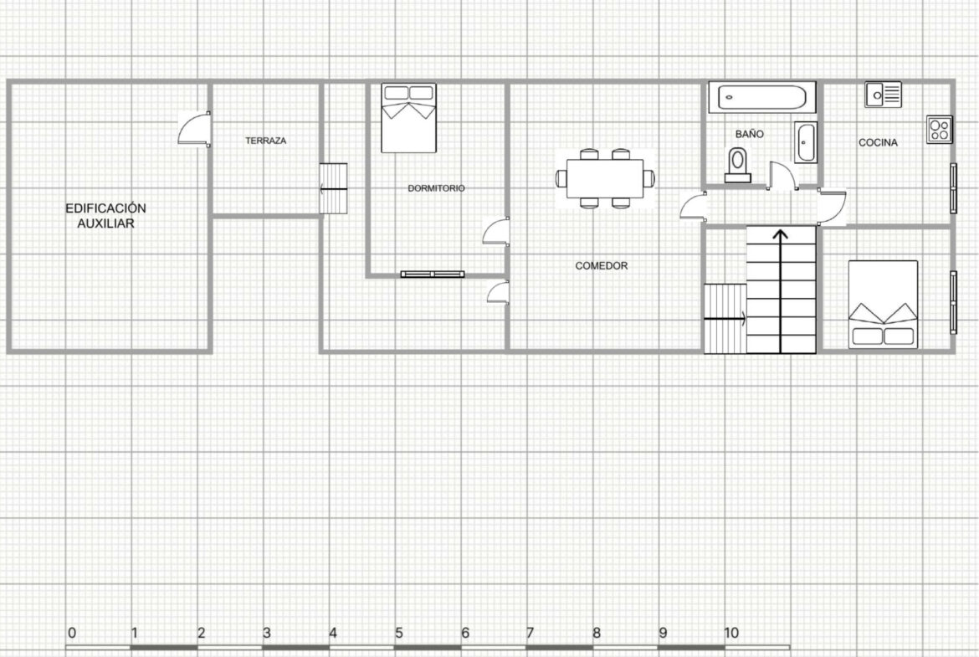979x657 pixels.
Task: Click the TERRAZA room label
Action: click(x=265, y=141)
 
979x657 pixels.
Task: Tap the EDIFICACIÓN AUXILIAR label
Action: click(x=105, y=215)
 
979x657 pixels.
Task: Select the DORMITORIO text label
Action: click(x=436, y=188)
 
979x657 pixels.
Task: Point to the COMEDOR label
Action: click(x=602, y=266)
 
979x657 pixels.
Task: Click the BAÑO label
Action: click(x=749, y=134)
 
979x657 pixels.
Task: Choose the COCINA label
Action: click(x=878, y=142)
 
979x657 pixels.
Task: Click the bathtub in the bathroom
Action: click(x=761, y=97)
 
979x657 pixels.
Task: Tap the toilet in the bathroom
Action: click(x=737, y=164)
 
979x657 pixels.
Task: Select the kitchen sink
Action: click(x=883, y=95)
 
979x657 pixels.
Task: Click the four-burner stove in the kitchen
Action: click(x=939, y=129)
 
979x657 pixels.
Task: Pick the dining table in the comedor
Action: click(x=605, y=178)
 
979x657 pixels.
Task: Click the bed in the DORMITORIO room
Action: click(x=409, y=118)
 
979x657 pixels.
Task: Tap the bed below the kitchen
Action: click(x=883, y=304)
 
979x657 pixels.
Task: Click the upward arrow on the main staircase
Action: click(x=781, y=290)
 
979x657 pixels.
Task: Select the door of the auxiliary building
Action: click(x=194, y=129)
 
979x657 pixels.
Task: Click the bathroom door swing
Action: click(x=783, y=175)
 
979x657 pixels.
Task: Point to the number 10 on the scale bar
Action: click(x=731, y=633)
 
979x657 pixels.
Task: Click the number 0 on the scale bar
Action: click(x=72, y=633)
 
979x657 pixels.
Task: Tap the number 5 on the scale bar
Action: click(x=399, y=633)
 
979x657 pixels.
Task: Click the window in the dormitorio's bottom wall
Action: click(x=433, y=275)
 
